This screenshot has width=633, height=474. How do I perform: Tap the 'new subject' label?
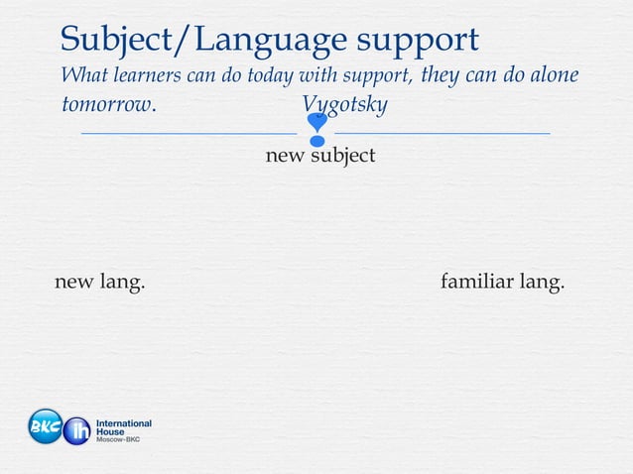(319, 156)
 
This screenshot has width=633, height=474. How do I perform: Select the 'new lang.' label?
(99, 283)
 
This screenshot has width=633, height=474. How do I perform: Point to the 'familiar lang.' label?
(502, 283)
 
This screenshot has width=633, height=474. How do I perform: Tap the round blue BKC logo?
(45, 426)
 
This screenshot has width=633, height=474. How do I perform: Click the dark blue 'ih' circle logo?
(76, 431)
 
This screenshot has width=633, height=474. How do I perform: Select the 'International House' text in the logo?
(123, 427)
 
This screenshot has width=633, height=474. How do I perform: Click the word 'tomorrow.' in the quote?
(108, 105)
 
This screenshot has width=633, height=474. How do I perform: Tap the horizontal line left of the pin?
(189, 132)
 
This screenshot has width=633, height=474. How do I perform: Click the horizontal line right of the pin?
(443, 132)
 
